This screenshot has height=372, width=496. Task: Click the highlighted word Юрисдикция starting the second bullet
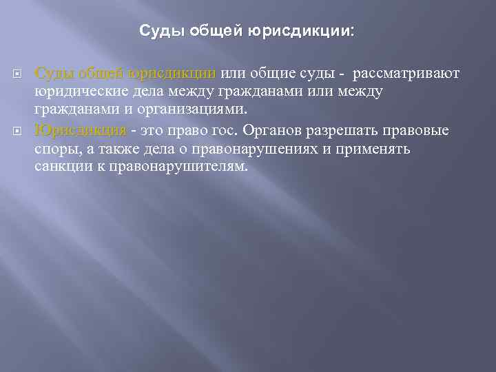point(81,130)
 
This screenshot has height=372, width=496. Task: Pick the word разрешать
point(344,130)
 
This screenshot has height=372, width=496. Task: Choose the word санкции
point(60,166)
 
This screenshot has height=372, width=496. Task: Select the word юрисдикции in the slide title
point(310,31)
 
